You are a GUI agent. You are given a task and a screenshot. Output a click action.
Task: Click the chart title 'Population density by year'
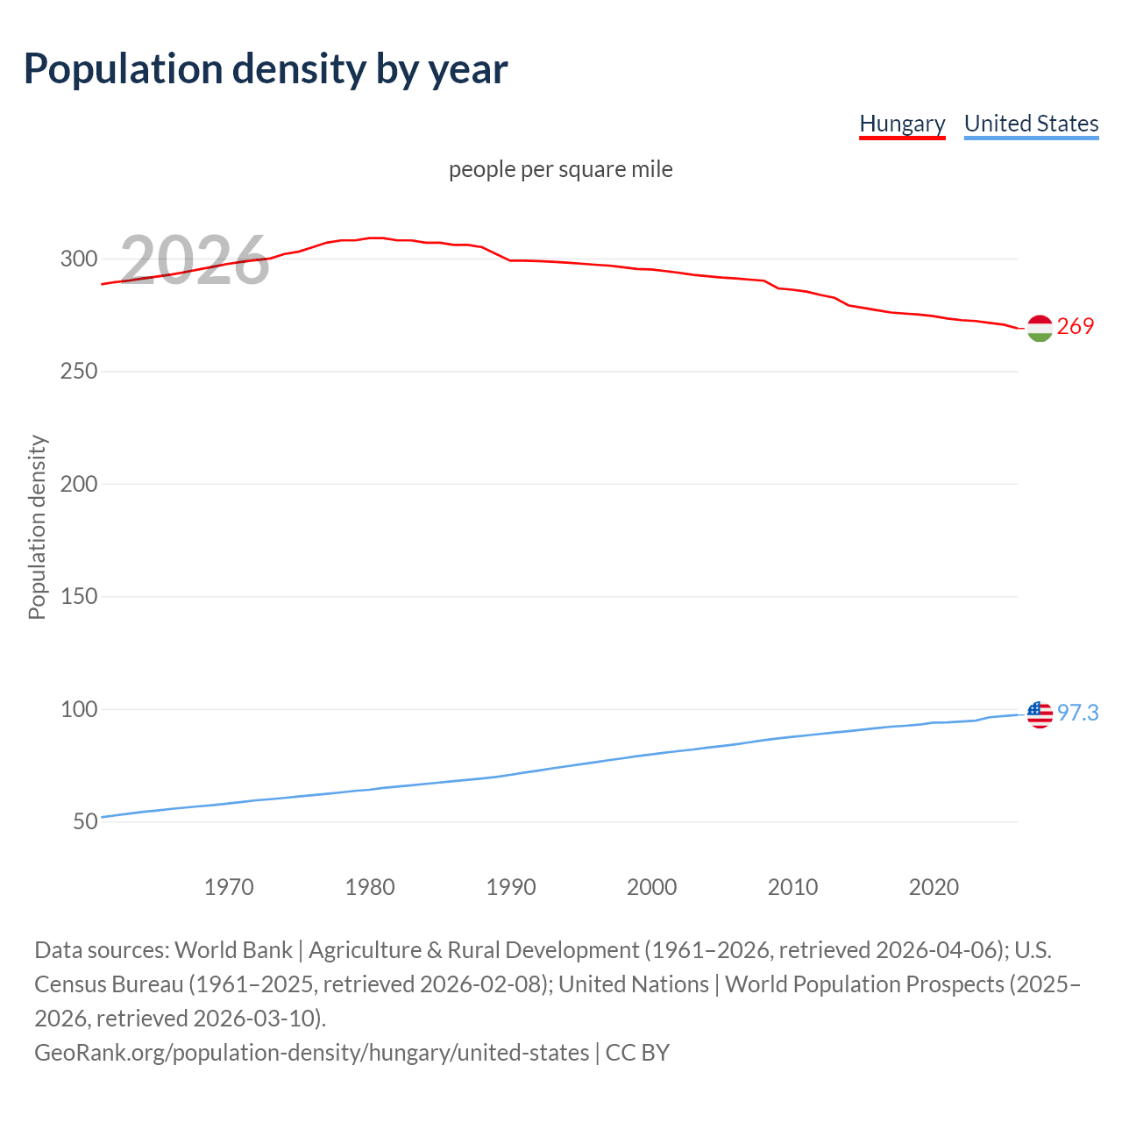click(266, 69)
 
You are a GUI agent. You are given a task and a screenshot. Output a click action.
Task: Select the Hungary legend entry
click(902, 124)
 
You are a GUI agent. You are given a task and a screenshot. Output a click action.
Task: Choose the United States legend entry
click(1031, 124)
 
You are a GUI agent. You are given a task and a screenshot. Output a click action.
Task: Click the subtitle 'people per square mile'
click(560, 169)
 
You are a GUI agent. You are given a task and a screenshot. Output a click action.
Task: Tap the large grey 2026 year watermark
click(195, 259)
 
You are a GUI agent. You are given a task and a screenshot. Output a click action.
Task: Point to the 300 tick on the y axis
click(78, 259)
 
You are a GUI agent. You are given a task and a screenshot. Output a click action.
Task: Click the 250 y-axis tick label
click(78, 372)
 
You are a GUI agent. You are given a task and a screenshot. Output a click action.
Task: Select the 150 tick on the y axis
click(78, 597)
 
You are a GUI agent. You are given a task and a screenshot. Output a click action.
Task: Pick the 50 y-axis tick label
click(85, 822)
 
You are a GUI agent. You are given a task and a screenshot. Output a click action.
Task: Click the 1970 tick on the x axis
click(229, 887)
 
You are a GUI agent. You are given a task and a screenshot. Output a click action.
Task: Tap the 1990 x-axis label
click(511, 887)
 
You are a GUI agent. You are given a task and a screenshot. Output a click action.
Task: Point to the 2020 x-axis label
click(934, 887)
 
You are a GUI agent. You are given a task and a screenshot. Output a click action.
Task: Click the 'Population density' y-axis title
click(37, 528)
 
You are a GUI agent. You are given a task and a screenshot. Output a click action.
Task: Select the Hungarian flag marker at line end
click(1040, 328)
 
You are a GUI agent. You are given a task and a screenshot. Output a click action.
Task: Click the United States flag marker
click(1040, 714)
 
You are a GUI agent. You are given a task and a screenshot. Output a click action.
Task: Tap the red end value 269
click(1076, 327)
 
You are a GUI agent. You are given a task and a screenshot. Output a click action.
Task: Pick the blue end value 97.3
click(1077, 714)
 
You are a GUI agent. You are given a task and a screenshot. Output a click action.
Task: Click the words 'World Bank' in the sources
click(233, 950)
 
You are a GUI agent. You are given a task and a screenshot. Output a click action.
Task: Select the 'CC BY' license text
click(637, 1053)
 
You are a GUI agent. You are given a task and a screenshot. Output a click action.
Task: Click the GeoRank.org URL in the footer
click(311, 1053)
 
